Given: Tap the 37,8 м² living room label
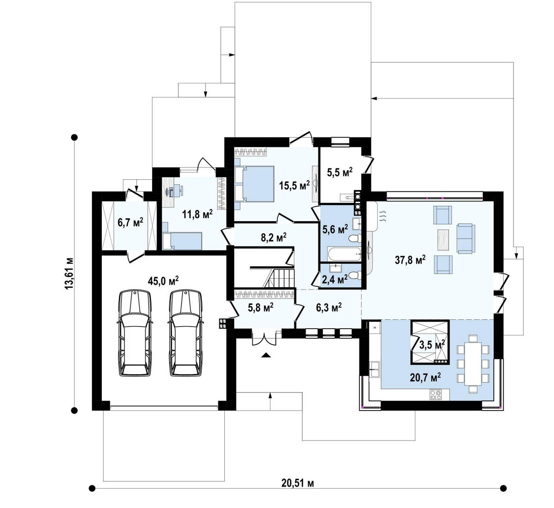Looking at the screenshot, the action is pyautogui.click(x=410, y=260).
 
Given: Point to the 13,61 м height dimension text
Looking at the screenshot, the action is pyautogui.click(x=69, y=274).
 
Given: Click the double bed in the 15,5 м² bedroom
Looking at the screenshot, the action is pyautogui.click(x=254, y=184).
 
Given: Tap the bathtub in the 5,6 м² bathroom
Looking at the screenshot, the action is pyautogui.click(x=344, y=254).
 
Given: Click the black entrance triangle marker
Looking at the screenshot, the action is pyautogui.click(x=266, y=355).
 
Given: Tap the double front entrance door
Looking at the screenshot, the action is pyautogui.click(x=265, y=338).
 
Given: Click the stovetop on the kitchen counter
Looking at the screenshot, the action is pyautogui.click(x=436, y=394).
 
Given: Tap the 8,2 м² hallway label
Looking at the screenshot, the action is pyautogui.click(x=274, y=237).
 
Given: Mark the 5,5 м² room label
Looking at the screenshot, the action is pyautogui.click(x=340, y=172).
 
